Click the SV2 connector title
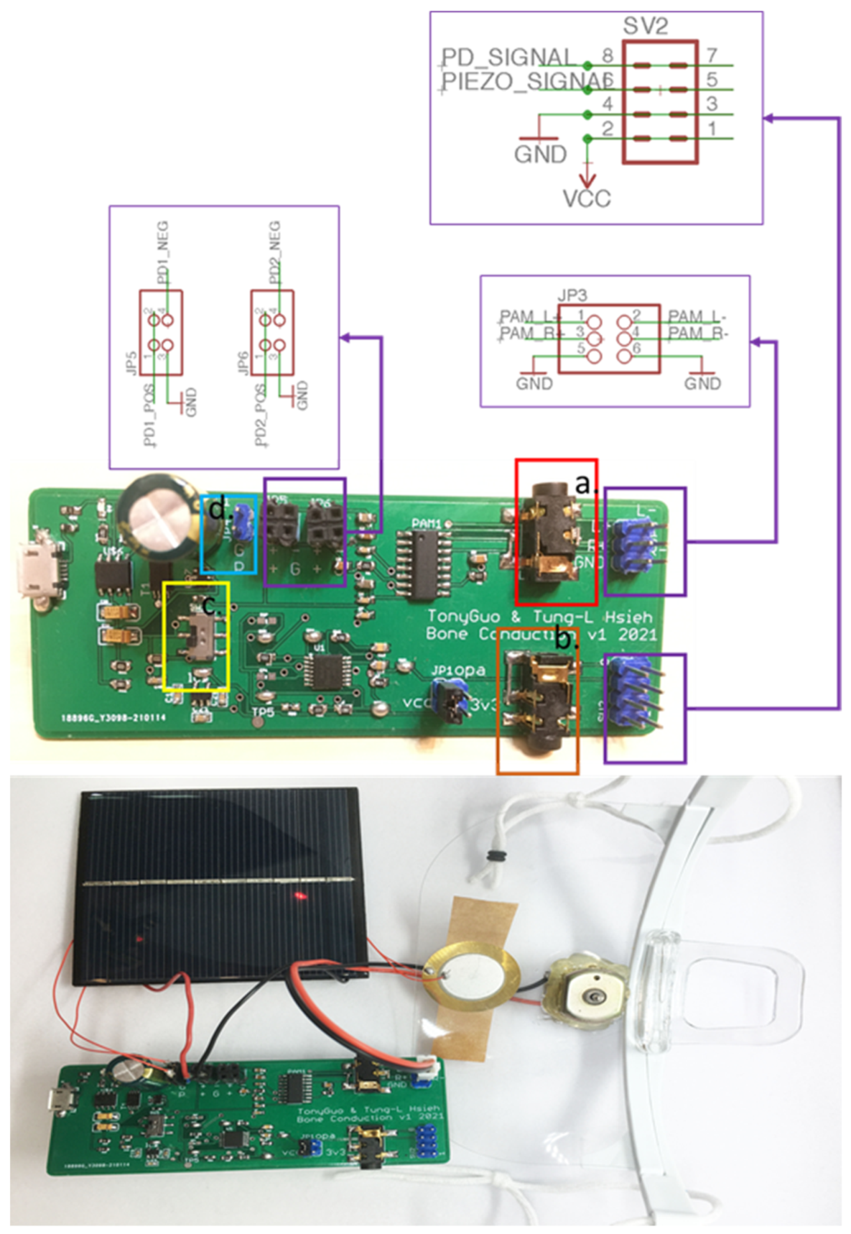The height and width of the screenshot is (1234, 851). click(x=646, y=26)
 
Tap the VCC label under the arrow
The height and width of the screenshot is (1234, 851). click(x=586, y=198)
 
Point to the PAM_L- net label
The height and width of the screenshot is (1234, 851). click(x=698, y=316)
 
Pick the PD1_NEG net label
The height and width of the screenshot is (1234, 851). click(x=163, y=252)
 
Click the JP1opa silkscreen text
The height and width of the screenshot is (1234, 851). click(x=457, y=671)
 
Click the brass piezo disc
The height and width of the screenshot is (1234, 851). click(x=471, y=976)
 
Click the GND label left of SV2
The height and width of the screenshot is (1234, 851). click(x=540, y=154)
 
